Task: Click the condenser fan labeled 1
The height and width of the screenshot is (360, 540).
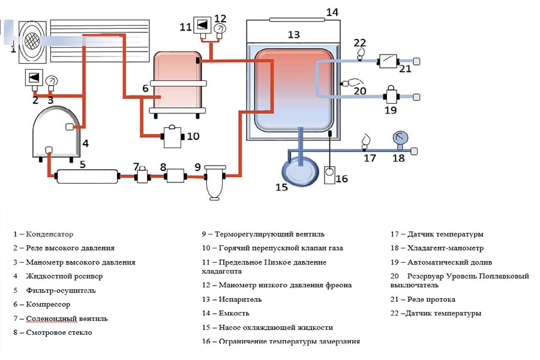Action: [30, 41]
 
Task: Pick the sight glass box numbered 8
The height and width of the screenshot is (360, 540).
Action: [175, 176]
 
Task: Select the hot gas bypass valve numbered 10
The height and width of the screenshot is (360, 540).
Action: [173, 137]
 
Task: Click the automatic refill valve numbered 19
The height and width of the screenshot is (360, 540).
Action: [391, 94]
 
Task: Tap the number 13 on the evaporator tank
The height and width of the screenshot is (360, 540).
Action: [293, 35]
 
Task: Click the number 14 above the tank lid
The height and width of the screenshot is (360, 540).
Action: [332, 12]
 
